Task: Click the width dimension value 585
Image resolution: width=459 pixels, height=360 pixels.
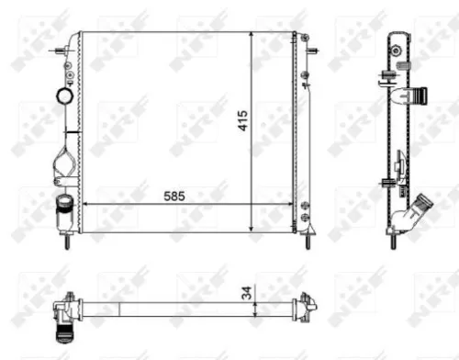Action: coord(177,196)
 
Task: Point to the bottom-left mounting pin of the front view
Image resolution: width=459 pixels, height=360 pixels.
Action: coord(67,242)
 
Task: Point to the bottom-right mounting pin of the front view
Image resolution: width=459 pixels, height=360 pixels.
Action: coord(307,242)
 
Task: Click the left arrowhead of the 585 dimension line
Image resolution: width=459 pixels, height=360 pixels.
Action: coord(86,203)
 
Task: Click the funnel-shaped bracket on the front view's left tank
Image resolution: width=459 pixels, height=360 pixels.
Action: coord(67,163)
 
